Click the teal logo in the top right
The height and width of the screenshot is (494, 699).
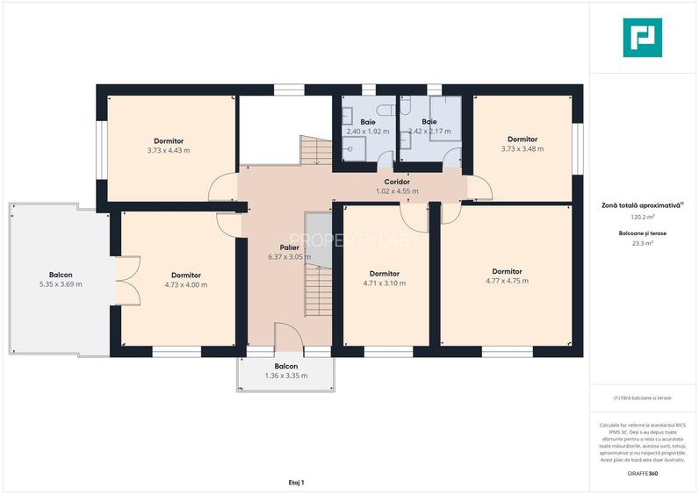pyautogui.click(x=643, y=38)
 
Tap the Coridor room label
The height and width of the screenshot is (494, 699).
pyautogui.click(x=397, y=182)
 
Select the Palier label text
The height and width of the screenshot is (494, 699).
pyautogui.click(x=289, y=247)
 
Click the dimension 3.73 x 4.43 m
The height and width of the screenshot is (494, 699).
pyautogui.click(x=169, y=151)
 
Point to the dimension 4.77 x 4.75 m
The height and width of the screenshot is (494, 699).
pyautogui.click(x=507, y=281)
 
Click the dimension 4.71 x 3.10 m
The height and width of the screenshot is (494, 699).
pyautogui.click(x=385, y=283)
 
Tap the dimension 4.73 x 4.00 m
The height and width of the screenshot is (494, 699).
pyautogui.click(x=186, y=284)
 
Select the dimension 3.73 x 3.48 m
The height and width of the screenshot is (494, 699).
pyautogui.click(x=522, y=149)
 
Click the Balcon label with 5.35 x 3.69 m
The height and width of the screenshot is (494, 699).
pyautogui.click(x=61, y=275)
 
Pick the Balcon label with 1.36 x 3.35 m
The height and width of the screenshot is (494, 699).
pyautogui.click(x=286, y=366)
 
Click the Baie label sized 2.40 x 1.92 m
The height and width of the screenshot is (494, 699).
pyautogui.click(x=368, y=122)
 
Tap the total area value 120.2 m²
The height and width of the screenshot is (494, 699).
pyautogui.click(x=643, y=217)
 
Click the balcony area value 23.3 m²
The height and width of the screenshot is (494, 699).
pyautogui.click(x=643, y=243)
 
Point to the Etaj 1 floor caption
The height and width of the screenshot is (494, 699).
pyautogui.click(x=297, y=483)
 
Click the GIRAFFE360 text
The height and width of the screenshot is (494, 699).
pyautogui.click(x=643, y=473)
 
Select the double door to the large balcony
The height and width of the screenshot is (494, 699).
pyautogui.click(x=128, y=281)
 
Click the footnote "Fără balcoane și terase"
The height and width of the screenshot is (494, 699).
pyautogui.click(x=643, y=397)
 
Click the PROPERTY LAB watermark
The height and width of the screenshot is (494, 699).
pyautogui.click(x=349, y=240)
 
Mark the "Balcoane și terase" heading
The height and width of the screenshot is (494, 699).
pyautogui.click(x=643, y=233)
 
